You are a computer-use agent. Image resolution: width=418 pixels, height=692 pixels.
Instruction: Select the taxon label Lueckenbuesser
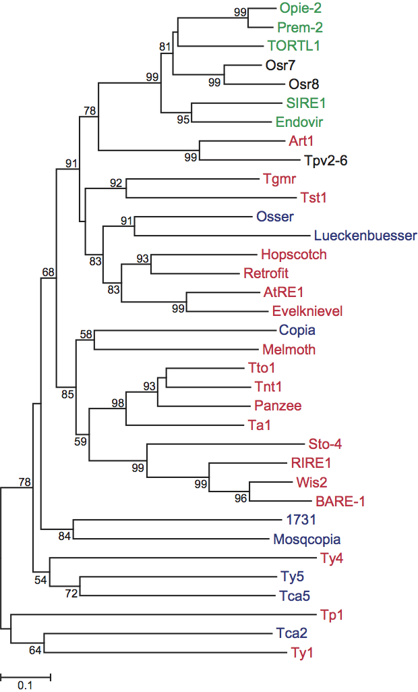tap(365, 236)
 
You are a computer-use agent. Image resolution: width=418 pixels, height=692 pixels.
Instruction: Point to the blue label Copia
tap(297, 330)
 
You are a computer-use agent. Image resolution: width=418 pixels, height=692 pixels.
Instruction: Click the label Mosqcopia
tap(307, 539)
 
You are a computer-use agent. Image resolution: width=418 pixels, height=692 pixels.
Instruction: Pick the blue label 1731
tap(297, 520)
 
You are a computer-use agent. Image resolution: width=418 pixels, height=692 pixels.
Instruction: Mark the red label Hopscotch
tap(293, 255)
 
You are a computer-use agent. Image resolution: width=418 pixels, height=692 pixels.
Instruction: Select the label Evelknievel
tap(307, 311)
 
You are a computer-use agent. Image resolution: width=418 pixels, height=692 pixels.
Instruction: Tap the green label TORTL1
tap(293, 47)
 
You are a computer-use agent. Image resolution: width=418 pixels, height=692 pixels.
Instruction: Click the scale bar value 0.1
tap(25, 685)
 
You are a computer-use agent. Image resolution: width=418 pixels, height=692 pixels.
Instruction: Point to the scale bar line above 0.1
tap(25, 674)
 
